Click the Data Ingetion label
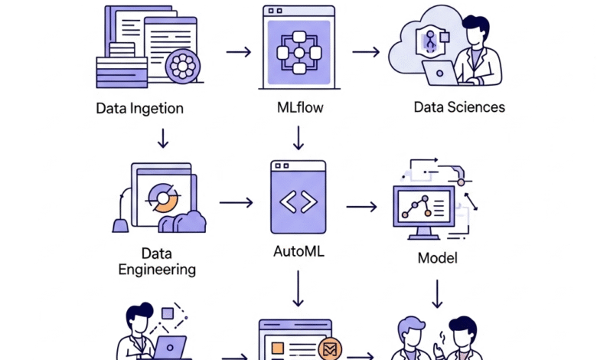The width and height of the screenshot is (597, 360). [139, 108]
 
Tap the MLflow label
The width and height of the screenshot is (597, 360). [299, 107]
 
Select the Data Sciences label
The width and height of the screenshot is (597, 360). [459, 106]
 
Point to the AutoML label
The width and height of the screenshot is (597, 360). [298, 251]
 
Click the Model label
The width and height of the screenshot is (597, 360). [437, 257]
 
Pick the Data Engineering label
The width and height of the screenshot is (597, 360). [157, 260]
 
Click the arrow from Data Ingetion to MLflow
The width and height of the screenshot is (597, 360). [239, 52]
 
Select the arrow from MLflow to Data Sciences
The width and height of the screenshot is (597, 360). [366, 52]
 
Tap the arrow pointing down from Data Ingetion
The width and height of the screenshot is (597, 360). [162, 138]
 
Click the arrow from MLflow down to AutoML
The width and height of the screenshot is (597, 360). [298, 137]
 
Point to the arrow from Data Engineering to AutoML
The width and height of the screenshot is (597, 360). [236, 203]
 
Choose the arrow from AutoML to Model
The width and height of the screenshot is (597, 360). [362, 206]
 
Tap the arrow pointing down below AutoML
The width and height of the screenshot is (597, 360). [298, 290]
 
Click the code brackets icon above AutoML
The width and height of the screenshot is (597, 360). [298, 201]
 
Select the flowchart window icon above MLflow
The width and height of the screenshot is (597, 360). [298, 44]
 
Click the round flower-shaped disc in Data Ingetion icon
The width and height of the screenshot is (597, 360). [183, 67]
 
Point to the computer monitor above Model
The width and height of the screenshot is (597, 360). [424, 208]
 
